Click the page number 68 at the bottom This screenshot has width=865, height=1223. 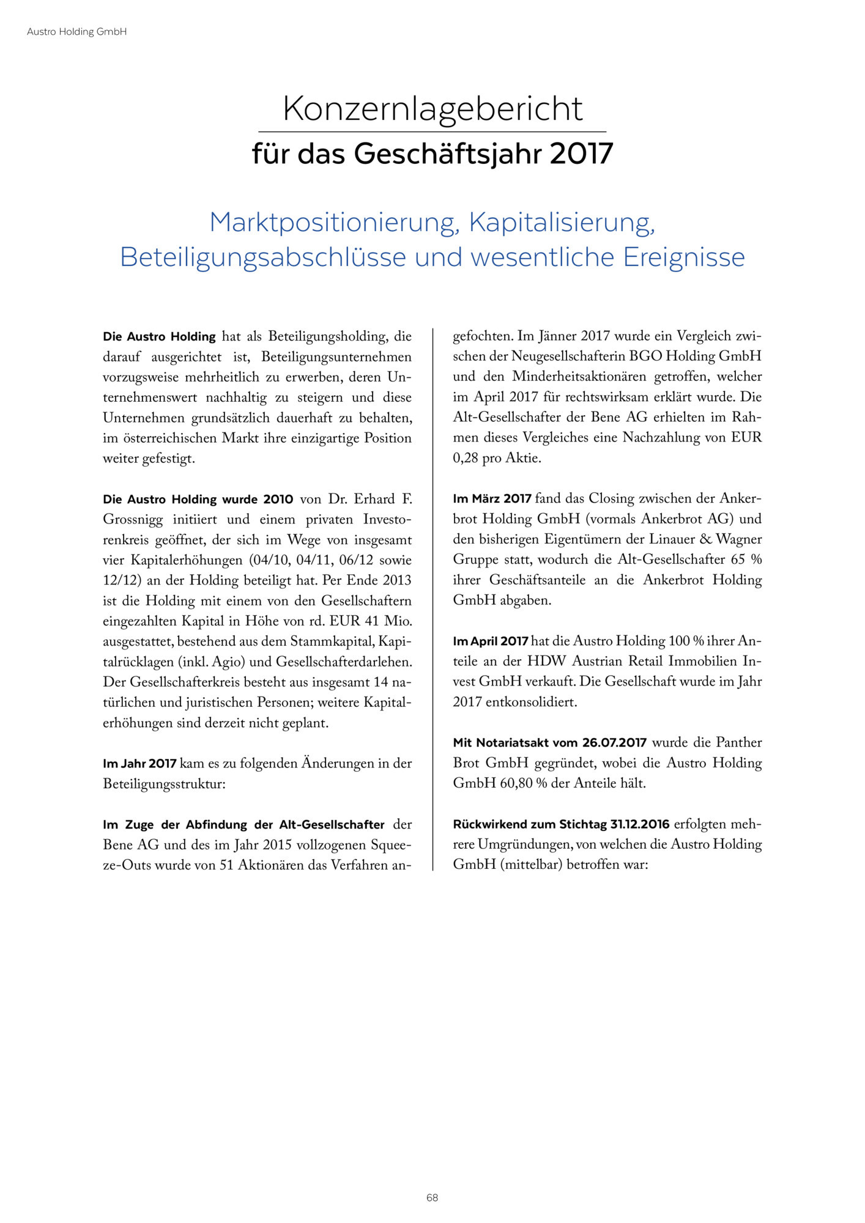click(432, 1197)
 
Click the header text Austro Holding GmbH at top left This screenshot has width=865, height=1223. click(76, 31)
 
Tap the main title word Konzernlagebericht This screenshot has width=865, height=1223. click(432, 109)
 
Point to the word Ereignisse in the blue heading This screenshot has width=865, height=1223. click(683, 257)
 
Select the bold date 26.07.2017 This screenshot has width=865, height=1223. click(614, 743)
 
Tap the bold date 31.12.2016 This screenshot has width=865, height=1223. click(639, 824)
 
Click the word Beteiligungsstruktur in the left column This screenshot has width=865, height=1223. click(164, 784)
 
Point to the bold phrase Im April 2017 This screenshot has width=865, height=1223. click(491, 641)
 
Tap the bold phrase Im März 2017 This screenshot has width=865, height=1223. click(492, 499)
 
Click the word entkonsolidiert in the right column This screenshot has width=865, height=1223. click(531, 702)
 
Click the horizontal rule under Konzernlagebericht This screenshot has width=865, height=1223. click(432, 131)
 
